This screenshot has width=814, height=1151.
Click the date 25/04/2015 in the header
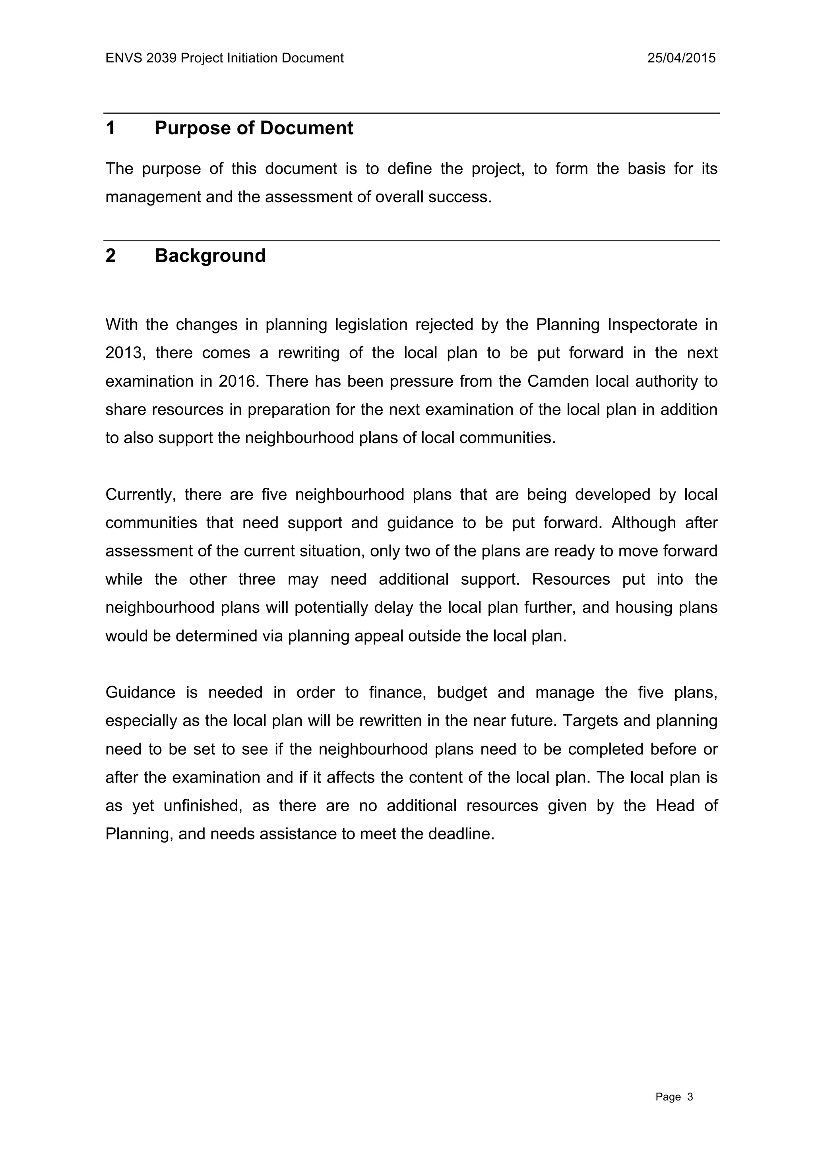tap(681, 58)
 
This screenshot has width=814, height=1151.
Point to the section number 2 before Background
tap(111, 256)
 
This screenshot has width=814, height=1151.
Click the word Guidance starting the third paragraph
tap(140, 693)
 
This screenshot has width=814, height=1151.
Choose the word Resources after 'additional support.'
tap(571, 579)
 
